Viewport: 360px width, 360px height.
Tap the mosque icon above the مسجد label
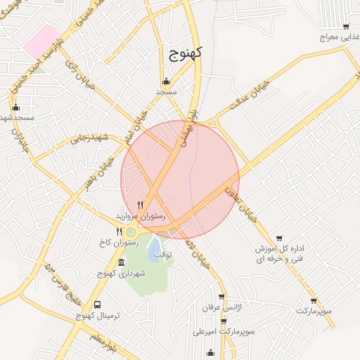[x=167, y=80]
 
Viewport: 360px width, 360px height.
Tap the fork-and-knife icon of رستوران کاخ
[x=119, y=231]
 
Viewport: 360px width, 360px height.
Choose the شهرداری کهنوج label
[x=112, y=273]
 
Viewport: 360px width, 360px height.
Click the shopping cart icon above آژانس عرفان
[x=221, y=297]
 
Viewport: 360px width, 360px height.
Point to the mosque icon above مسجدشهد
[x=15, y=108]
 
